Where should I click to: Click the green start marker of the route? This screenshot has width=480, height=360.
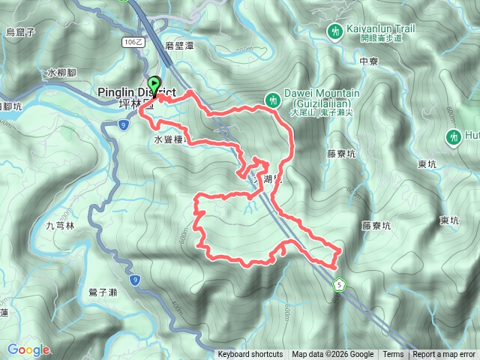click(155, 85)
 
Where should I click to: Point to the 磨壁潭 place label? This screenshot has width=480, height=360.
click(179, 45)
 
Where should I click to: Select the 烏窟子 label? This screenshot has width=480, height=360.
click(20, 31)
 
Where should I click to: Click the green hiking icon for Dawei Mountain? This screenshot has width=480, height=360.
click(274, 99)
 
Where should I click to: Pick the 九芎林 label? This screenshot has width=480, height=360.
click(61, 225)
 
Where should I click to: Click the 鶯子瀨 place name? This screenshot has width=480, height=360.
click(102, 291)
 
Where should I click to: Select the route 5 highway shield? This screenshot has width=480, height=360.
click(340, 285)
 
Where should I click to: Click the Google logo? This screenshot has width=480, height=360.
click(28, 349)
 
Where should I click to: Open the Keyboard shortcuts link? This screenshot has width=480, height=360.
click(250, 355)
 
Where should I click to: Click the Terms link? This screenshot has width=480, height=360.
click(393, 355)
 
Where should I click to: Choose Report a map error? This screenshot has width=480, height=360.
click(444, 355)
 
